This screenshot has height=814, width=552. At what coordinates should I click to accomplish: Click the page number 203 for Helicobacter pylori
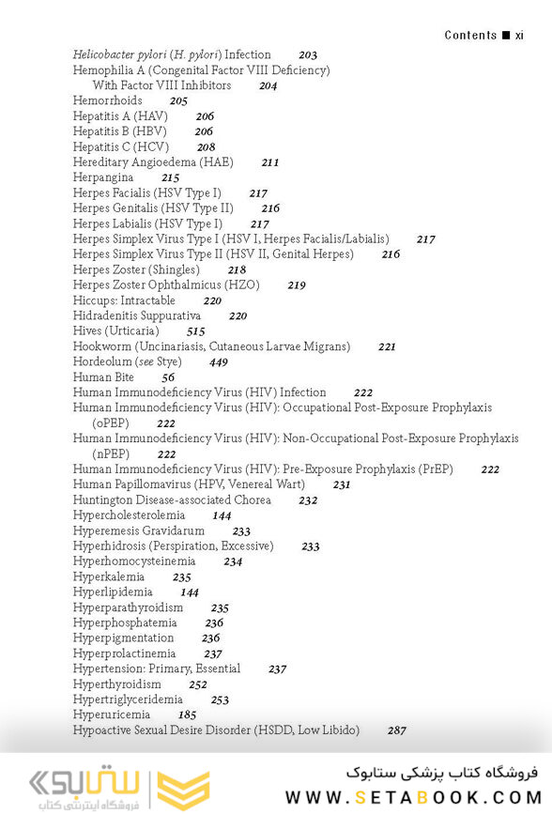click(x=308, y=55)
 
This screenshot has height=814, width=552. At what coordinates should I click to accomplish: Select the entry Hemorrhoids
click(x=108, y=100)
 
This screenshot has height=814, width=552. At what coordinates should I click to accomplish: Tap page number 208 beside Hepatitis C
click(x=206, y=147)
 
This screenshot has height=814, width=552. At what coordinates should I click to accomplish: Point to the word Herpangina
click(x=103, y=177)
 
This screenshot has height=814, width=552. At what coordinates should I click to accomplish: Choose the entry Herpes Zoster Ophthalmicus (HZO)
click(x=166, y=284)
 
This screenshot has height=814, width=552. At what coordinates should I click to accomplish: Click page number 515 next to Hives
click(x=195, y=331)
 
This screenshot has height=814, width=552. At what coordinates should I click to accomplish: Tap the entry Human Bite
click(x=103, y=377)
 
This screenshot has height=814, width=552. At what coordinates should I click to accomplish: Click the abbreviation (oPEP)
click(x=112, y=423)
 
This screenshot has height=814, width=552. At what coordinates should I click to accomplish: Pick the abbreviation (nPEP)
click(x=112, y=453)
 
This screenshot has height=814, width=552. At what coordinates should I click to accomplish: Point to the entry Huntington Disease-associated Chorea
click(x=172, y=500)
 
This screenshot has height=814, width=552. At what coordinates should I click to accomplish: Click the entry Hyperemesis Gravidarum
click(x=138, y=531)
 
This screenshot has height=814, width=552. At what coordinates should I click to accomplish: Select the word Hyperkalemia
click(x=109, y=577)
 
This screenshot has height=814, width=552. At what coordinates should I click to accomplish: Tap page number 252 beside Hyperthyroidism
click(x=198, y=685)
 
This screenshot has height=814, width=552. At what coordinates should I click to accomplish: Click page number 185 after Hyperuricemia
click(x=187, y=715)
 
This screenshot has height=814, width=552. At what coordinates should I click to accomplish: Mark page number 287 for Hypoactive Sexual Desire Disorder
click(x=396, y=730)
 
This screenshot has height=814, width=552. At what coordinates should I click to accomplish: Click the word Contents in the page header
click(x=470, y=35)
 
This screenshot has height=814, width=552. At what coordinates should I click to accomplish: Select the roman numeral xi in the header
click(x=519, y=35)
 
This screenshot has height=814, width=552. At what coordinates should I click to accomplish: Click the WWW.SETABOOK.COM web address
click(x=414, y=797)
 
